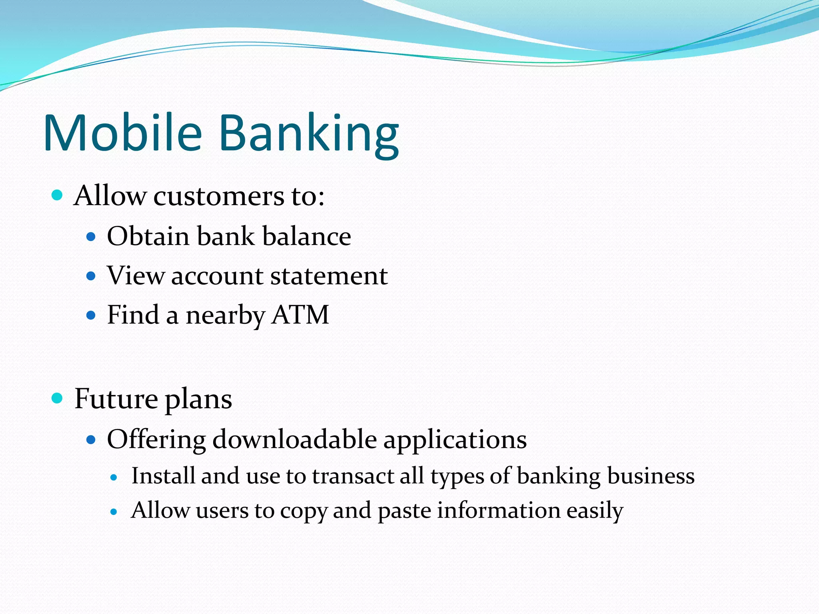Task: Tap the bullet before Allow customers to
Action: click(x=58, y=195)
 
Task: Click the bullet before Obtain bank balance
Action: click(x=91, y=237)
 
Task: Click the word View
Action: click(x=136, y=275)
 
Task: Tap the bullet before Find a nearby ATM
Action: click(x=91, y=315)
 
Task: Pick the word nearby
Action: click(x=225, y=316)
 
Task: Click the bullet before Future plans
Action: click(x=58, y=398)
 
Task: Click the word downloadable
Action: click(x=294, y=439)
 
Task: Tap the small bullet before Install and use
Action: click(x=114, y=477)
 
